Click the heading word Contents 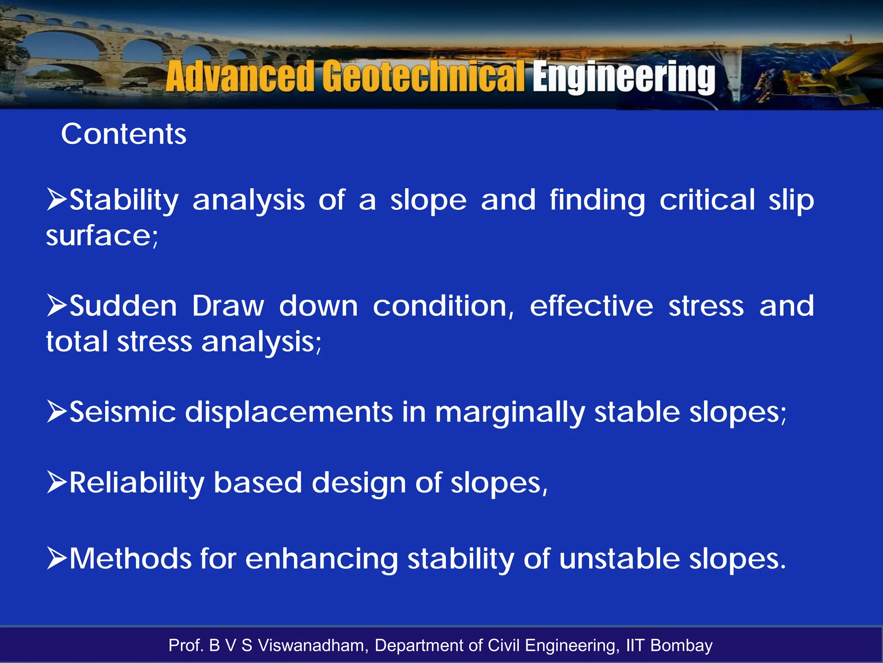(x=124, y=134)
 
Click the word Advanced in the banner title (x=239, y=77)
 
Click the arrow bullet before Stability (x=57, y=199)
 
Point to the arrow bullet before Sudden (x=57, y=305)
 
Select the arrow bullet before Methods (x=57, y=558)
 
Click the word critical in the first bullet (x=707, y=200)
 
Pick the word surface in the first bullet (x=100, y=236)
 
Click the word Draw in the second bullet (x=228, y=306)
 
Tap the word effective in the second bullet (x=592, y=306)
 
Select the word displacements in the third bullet (x=289, y=411)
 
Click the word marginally (x=510, y=412)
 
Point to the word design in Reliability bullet (x=358, y=483)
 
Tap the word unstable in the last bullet (x=619, y=559)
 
